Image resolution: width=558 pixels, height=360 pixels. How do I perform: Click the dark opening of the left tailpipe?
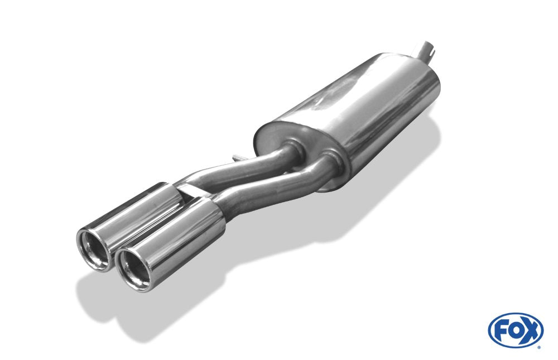(x=95, y=249)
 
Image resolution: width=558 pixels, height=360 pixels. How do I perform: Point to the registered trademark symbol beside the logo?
(x=539, y=347)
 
